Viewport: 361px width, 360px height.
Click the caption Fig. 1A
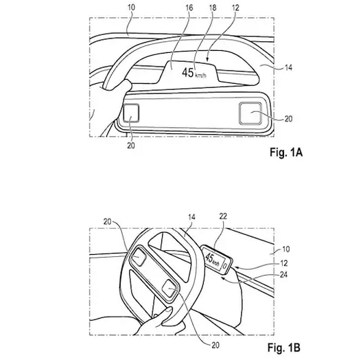[x=286, y=153]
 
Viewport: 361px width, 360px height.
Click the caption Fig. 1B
[x=284, y=347]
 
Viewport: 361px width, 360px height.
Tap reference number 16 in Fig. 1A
[x=189, y=8]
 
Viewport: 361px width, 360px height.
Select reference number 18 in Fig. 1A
[x=213, y=8]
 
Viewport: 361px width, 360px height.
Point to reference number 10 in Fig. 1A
[x=131, y=7]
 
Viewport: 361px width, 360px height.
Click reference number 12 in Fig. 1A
[x=235, y=8]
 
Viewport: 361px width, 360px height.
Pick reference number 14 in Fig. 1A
[x=288, y=67]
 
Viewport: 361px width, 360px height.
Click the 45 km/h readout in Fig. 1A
[x=194, y=73]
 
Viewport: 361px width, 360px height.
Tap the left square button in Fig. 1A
[x=131, y=113]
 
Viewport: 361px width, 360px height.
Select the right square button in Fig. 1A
[x=251, y=113]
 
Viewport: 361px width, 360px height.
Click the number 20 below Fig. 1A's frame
[x=131, y=146]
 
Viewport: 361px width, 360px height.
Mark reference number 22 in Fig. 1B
[x=223, y=216]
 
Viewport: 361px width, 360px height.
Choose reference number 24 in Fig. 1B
[x=283, y=275]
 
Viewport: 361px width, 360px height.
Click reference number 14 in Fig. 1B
[x=191, y=217]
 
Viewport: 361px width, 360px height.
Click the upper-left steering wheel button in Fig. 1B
[x=139, y=256]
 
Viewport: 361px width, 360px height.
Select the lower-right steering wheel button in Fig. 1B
[x=170, y=289]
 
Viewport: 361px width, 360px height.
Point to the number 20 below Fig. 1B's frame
[x=216, y=345]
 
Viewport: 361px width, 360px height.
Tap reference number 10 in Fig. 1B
[x=286, y=249]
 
